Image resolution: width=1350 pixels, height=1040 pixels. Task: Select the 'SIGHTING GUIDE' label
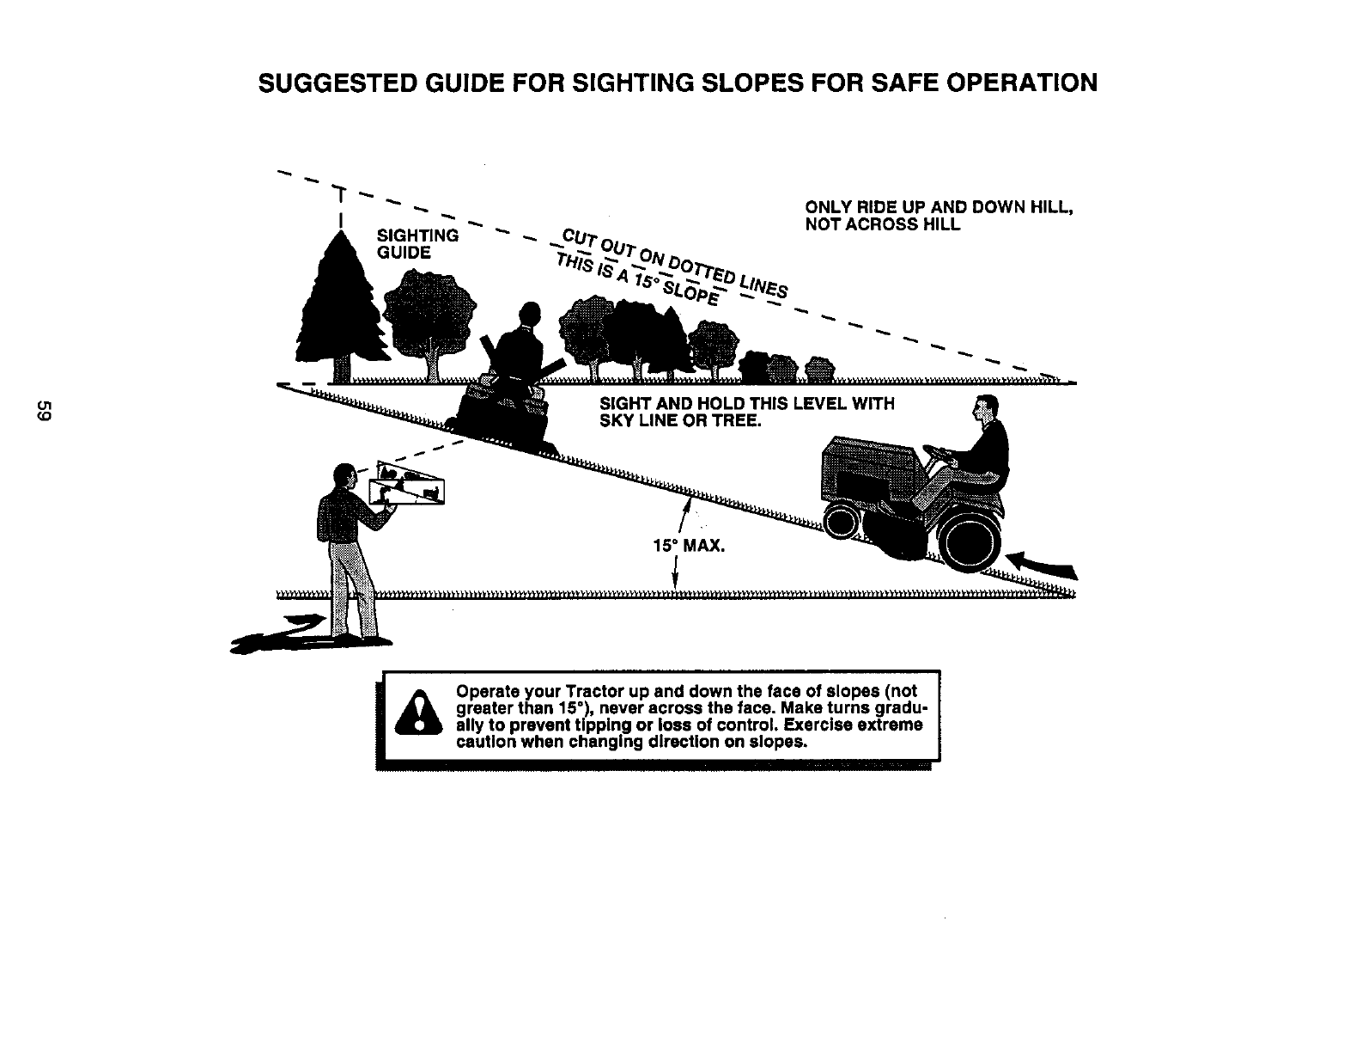point(417,244)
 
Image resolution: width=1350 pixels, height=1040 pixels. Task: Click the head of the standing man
point(344,475)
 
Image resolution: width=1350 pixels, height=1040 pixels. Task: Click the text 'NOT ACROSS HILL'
point(882,225)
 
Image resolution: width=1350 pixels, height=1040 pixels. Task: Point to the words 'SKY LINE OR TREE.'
point(678,419)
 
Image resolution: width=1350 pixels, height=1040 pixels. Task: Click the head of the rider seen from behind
point(530,315)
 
